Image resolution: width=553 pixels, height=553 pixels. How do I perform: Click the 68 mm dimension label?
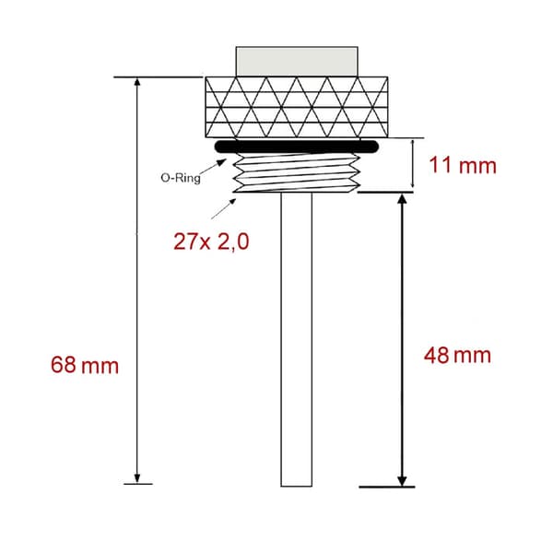[x=85, y=365]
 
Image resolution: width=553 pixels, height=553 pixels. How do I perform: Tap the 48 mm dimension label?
[x=457, y=356]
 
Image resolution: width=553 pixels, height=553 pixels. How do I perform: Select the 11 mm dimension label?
[x=463, y=165]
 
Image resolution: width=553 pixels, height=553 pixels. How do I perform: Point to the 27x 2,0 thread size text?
[x=211, y=241]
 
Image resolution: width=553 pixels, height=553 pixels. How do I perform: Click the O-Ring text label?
[x=181, y=178]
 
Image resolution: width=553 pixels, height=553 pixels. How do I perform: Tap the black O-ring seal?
[x=296, y=147]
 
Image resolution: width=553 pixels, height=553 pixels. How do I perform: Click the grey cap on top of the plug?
[x=297, y=62]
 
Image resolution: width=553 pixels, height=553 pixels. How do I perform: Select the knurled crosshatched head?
[x=297, y=107]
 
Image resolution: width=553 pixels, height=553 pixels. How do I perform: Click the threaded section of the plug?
[x=297, y=173]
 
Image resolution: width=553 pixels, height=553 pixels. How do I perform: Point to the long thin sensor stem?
[x=296, y=339]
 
